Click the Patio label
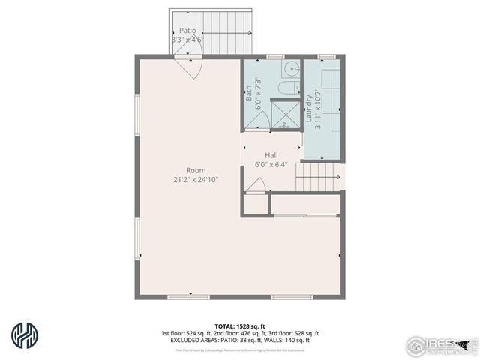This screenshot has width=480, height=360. click(x=187, y=31)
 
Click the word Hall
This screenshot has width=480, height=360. click(x=271, y=154)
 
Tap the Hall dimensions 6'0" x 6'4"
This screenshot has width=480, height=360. click(x=271, y=163)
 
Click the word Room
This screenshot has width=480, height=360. click(x=196, y=170)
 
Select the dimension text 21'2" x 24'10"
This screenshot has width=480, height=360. click(x=196, y=179)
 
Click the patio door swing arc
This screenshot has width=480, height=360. click(x=191, y=70)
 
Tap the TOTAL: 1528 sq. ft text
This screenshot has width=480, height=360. click(x=240, y=326)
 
